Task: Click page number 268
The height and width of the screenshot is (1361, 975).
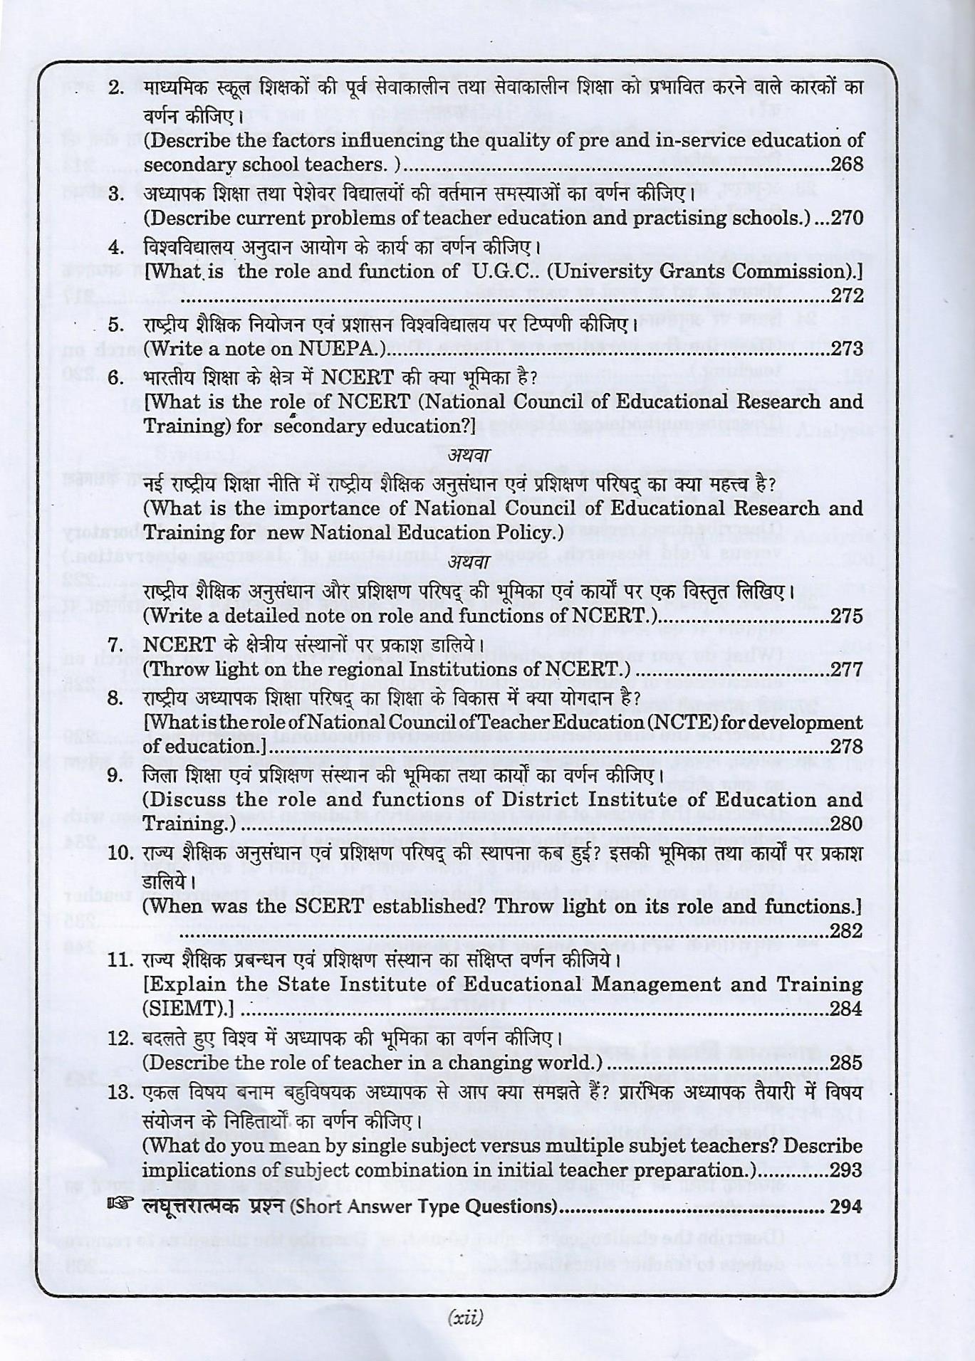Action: point(847,164)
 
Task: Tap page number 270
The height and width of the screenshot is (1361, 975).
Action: point(847,218)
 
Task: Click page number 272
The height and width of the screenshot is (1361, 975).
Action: point(847,295)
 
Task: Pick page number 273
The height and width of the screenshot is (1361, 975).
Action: point(847,349)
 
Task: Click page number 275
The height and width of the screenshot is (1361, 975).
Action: point(847,616)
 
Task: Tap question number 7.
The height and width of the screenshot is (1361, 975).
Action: point(116,645)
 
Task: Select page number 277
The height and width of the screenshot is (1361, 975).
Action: point(847,669)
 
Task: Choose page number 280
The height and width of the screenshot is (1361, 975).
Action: point(847,824)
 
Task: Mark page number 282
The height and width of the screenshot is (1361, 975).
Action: point(847,930)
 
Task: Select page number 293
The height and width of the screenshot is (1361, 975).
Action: point(847,1170)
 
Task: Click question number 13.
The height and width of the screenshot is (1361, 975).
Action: point(120,1093)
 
